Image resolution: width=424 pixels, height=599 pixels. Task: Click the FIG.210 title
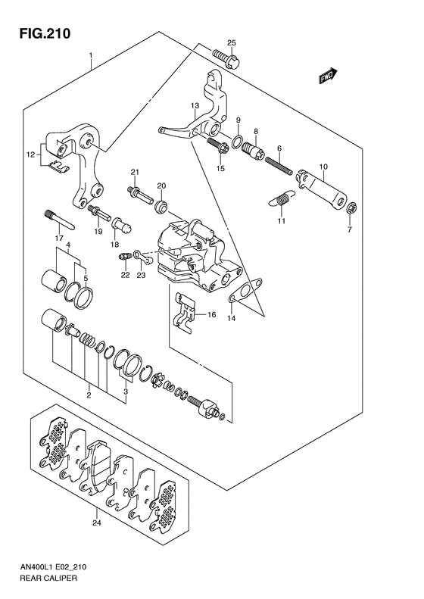[x=45, y=33]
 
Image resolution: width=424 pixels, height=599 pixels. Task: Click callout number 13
[x=195, y=105]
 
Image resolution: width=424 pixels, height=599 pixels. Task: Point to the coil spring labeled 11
[x=282, y=199]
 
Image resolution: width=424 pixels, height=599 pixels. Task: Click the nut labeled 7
[x=351, y=208]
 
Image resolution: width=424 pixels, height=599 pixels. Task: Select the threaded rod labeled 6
[x=279, y=165]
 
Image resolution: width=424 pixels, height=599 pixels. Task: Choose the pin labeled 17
[x=60, y=220]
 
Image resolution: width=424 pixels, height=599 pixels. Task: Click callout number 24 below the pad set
[x=97, y=523]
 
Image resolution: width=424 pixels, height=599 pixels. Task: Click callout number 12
[x=31, y=154]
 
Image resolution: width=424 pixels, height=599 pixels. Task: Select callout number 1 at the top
[x=91, y=55]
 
